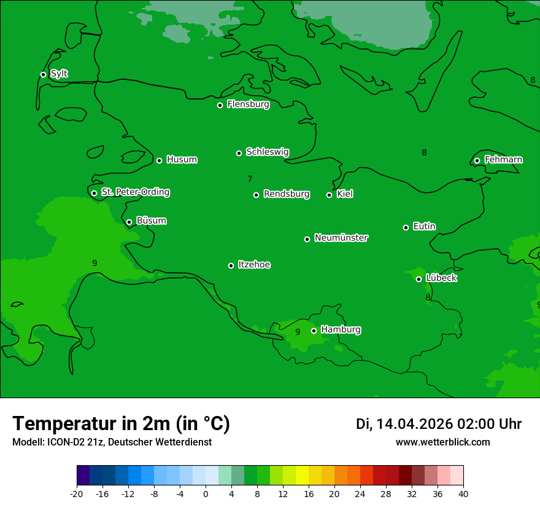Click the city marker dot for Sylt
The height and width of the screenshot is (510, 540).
coord(43,74)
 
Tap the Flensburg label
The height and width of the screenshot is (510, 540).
coord(248,104)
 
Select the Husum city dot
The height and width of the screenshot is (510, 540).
coord(159,160)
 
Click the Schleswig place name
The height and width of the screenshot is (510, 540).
coord(267,152)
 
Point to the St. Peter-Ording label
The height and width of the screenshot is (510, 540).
coord(135,192)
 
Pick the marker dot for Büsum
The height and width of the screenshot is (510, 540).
coord(129,222)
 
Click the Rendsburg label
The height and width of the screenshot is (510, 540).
coord(286,194)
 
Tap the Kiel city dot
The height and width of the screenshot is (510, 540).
coord(329,195)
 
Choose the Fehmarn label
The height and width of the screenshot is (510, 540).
coord(503,160)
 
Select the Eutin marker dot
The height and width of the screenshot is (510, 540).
coord(406,227)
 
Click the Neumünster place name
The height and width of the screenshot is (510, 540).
coord(341,238)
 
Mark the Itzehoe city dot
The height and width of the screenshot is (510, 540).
coord(231,265)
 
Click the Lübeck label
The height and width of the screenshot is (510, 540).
coord(441,278)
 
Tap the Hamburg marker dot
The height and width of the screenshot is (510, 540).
coord(314,331)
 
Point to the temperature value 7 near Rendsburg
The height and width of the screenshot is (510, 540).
coord(250,179)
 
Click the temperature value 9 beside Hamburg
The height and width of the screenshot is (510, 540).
coord(298,332)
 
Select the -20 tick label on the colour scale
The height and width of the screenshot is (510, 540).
coord(77,494)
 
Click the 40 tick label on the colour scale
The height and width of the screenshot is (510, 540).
coord(463,494)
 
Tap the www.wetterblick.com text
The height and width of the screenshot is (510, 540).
coord(442,442)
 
